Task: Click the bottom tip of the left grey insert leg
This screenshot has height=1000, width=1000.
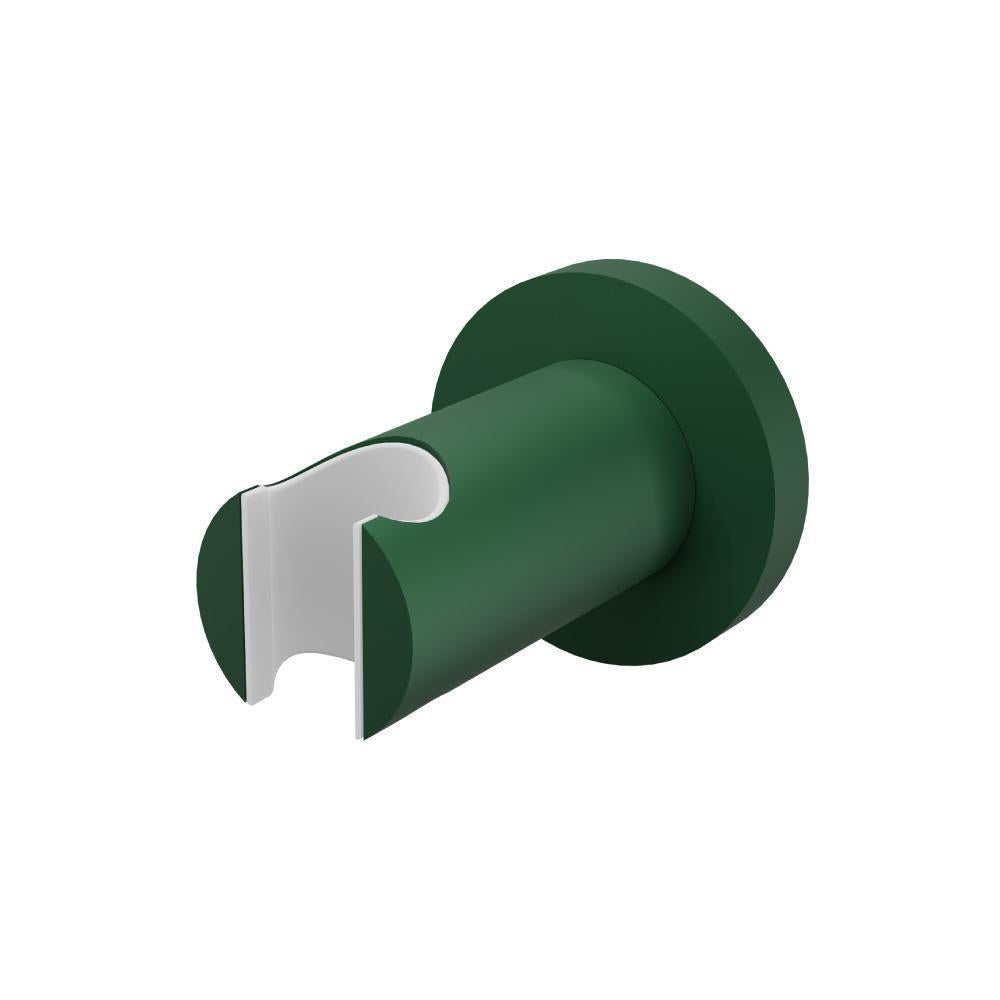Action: point(256,700)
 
